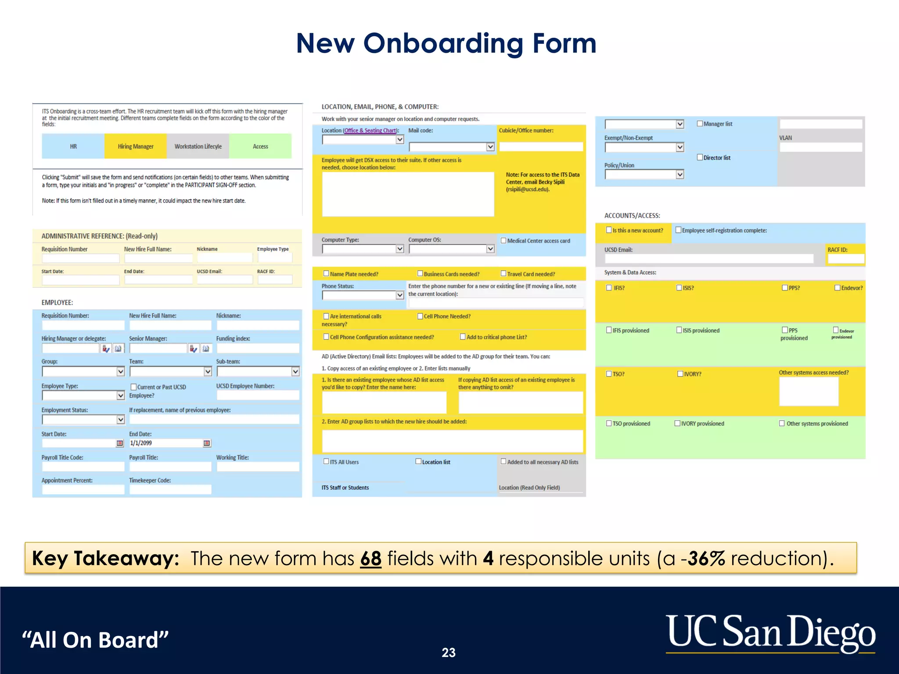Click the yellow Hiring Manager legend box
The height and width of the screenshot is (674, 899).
pyautogui.click(x=135, y=146)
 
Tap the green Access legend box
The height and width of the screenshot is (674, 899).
pyautogui.click(x=260, y=146)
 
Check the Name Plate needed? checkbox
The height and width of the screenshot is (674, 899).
pyautogui.click(x=326, y=274)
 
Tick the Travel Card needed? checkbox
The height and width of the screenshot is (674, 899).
pyautogui.click(x=503, y=274)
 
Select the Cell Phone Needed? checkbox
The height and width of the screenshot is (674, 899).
pyautogui.click(x=420, y=316)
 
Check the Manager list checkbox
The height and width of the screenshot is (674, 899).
pyautogui.click(x=700, y=124)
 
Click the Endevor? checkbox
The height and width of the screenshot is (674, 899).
pyautogui.click(x=837, y=288)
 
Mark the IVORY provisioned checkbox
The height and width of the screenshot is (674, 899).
pyautogui.click(x=677, y=423)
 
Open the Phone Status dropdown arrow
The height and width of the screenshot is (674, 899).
pyautogui.click(x=399, y=295)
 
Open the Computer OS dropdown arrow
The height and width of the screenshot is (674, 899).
pyautogui.click(x=490, y=249)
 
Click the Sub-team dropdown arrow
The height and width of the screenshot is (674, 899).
pyautogui.click(x=295, y=372)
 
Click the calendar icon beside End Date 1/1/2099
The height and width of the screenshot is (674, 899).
pyautogui.click(x=207, y=443)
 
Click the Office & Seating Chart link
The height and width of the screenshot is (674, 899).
pyautogui.click(x=370, y=130)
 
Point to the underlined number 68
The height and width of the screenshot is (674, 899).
pyautogui.click(x=370, y=559)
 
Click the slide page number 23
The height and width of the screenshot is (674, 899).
pyautogui.click(x=448, y=652)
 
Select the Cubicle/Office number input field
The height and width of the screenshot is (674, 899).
pyautogui.click(x=541, y=147)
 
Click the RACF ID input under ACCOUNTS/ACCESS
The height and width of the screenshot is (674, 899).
pyautogui.click(x=845, y=259)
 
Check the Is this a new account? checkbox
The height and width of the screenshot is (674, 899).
pyautogui.click(x=609, y=230)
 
